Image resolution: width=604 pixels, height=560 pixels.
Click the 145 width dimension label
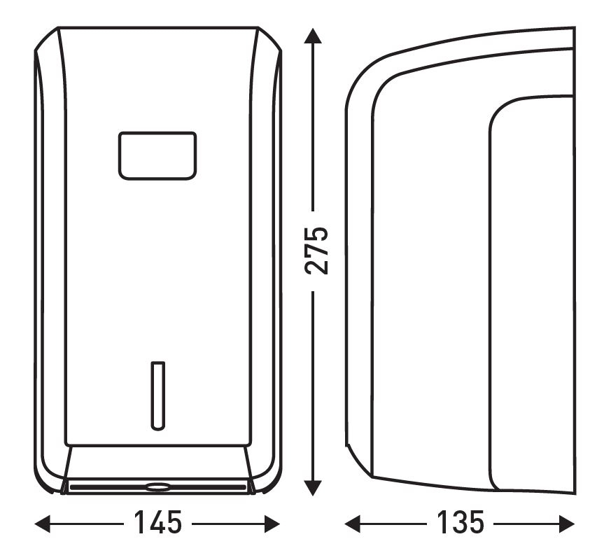157,523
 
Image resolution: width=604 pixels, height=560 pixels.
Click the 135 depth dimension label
460,523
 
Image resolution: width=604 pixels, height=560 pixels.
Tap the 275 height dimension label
316,251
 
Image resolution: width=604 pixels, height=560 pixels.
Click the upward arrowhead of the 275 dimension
313,36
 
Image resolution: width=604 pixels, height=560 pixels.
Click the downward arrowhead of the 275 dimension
313,488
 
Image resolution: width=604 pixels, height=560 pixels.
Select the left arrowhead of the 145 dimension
43,524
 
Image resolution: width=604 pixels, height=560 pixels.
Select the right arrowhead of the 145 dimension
272,524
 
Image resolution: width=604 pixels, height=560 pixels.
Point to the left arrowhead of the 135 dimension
352,524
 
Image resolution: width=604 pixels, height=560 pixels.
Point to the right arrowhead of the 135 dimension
567,524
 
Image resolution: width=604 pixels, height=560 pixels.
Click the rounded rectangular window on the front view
157,155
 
